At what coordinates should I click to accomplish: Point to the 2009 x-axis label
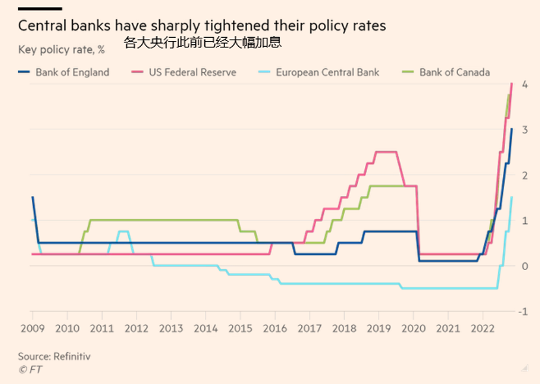[x=33, y=329]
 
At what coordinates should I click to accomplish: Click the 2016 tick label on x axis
[x=274, y=329]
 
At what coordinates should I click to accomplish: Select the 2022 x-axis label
[x=482, y=329]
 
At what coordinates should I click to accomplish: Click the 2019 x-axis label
[x=378, y=329]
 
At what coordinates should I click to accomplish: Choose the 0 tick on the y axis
[x=524, y=266]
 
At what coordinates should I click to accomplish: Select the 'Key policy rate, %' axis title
[x=61, y=49]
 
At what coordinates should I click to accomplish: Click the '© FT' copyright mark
[x=30, y=370]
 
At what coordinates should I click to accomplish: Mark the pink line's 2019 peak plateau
[x=386, y=152]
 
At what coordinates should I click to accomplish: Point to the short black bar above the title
[x=40, y=8]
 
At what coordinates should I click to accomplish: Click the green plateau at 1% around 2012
[x=163, y=220]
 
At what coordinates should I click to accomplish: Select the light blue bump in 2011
[x=122, y=231]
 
